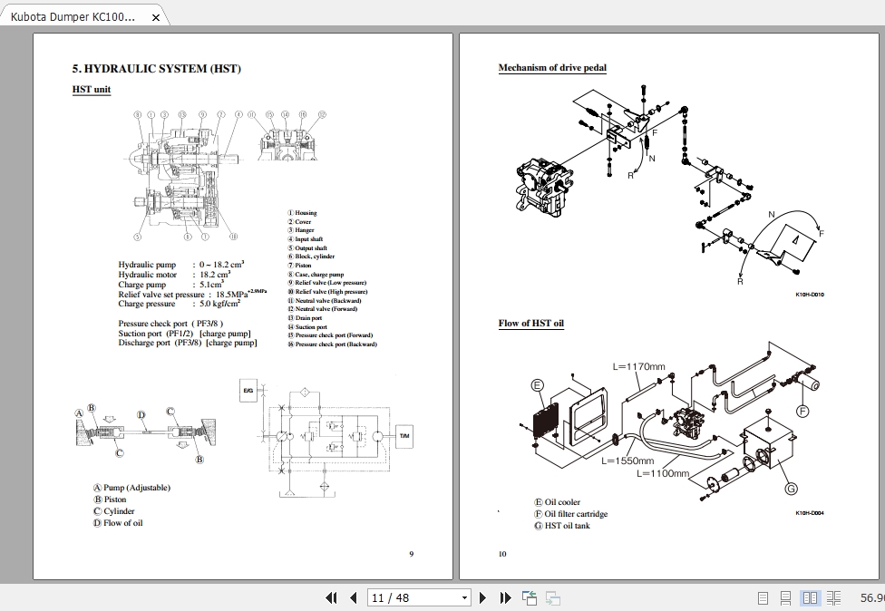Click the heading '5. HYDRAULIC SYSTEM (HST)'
156,69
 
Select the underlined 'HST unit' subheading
92,90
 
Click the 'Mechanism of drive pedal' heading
552,68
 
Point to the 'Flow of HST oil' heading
530,324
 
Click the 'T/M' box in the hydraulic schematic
404,437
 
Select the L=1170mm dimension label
638,367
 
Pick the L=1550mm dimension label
627,461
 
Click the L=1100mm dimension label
662,473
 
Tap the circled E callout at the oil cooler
537,386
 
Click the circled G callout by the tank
791,489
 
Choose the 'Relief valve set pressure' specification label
161,295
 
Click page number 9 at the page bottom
411,554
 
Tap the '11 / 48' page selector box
419,597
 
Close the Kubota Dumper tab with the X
155,17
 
